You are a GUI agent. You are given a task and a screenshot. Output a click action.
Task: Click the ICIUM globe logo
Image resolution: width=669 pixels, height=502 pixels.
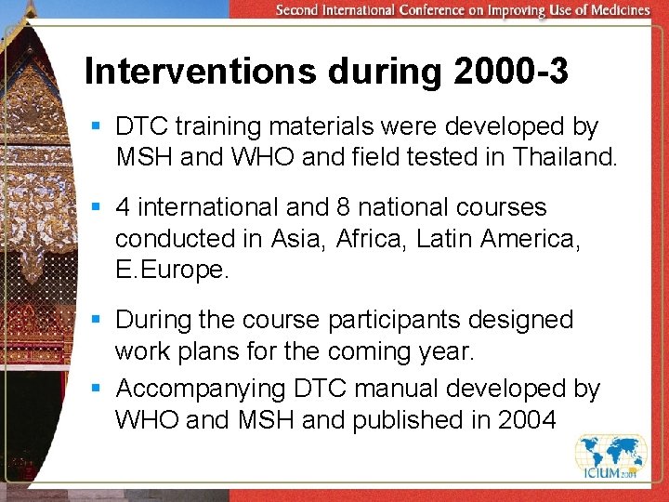coord(610,461)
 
